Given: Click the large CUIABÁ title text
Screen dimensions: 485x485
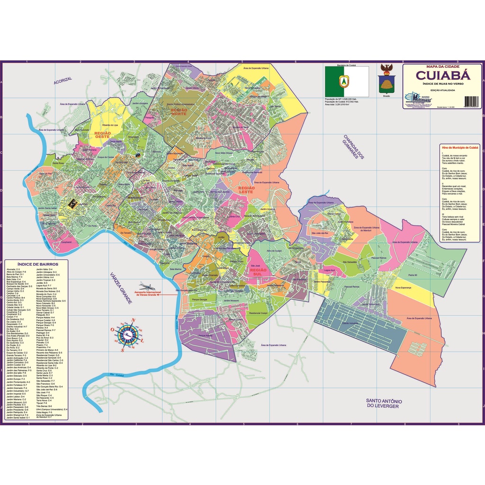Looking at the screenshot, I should click(x=443, y=75).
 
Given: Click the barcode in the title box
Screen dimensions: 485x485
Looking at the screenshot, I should click(x=472, y=101).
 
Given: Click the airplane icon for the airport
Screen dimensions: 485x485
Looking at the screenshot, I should click(x=147, y=287).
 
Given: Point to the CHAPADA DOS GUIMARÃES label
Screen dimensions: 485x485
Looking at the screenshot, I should click(x=353, y=149).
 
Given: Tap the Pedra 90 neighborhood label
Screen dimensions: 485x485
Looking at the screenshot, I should click(x=412, y=274).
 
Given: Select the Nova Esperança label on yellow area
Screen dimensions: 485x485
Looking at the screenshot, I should click(x=403, y=287).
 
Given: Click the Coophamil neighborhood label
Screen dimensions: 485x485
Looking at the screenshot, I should click(x=66, y=242).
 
